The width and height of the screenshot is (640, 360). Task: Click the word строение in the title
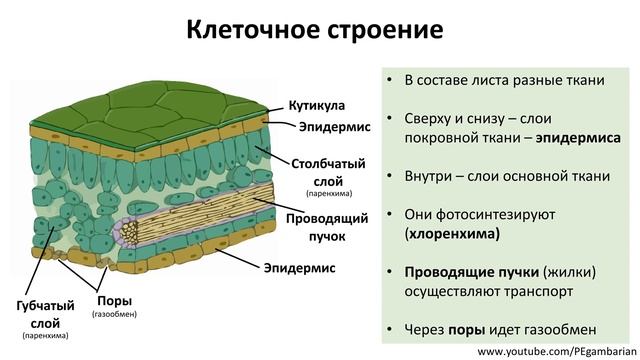coord(385,28)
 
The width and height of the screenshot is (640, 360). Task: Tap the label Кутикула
coord(317,105)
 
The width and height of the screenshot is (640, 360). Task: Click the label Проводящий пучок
coord(329,227)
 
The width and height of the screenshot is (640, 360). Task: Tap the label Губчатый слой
coord(40,314)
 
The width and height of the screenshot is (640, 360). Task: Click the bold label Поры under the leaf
coord(114,299)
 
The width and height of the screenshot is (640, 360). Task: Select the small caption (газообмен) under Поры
coord(114,314)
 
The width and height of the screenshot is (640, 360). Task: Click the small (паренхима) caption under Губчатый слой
coord(40,336)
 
